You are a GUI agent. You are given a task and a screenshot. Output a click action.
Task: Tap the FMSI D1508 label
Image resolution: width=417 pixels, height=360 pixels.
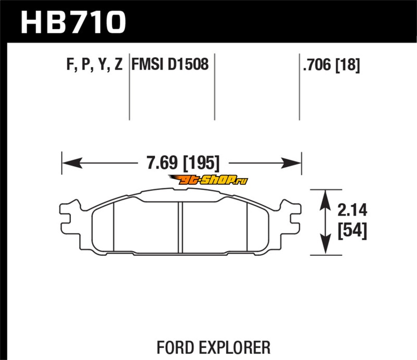(x=170, y=65)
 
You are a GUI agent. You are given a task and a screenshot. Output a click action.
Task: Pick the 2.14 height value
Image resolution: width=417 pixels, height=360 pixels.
(x=352, y=211)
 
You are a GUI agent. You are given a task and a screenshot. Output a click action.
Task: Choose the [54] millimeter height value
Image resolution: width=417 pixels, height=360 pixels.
(x=352, y=230)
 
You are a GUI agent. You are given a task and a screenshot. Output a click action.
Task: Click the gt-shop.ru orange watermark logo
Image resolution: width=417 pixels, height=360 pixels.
(x=207, y=180)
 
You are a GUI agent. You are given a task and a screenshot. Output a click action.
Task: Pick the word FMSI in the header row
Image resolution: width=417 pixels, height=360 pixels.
(x=147, y=65)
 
